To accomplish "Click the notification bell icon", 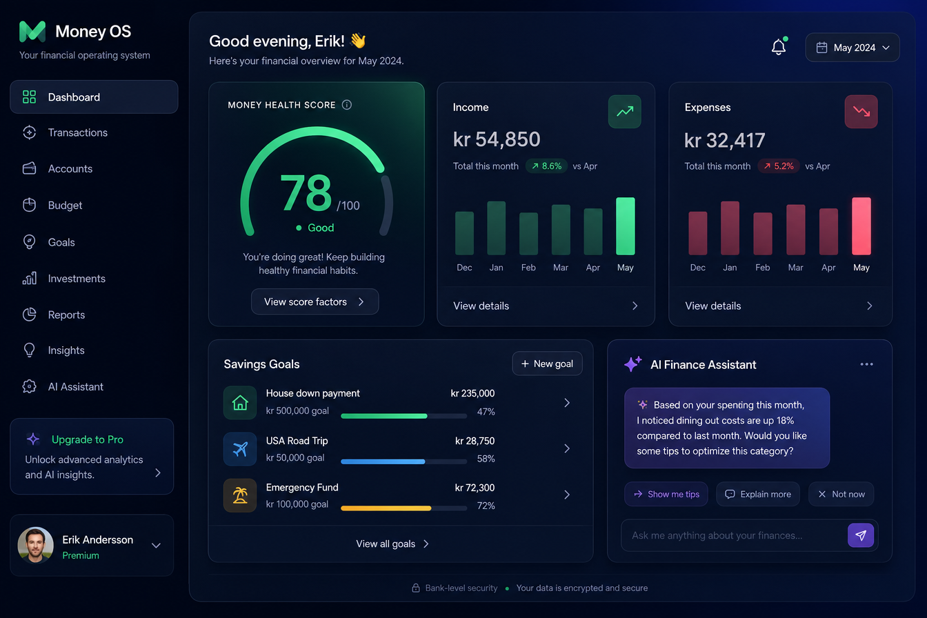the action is [x=779, y=47].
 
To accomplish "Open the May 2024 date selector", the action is [x=852, y=48].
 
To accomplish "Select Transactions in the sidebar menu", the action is [x=77, y=132].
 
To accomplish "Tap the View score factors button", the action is [x=315, y=301].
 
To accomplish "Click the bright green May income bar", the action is [x=626, y=226].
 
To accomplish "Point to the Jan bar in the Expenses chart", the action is [x=730, y=228].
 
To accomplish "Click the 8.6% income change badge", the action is [x=547, y=166].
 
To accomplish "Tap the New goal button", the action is [x=547, y=364].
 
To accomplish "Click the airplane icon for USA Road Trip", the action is [x=240, y=449].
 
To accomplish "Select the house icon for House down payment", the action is [x=240, y=403].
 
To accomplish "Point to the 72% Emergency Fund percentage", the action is [x=486, y=506].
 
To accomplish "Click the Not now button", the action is [x=841, y=495].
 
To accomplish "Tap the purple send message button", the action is [x=861, y=535].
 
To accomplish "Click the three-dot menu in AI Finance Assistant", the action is [x=866, y=364].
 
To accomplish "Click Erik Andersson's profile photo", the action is [x=36, y=545].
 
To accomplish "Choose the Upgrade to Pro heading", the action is [x=88, y=439].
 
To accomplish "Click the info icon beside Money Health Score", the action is [x=347, y=105].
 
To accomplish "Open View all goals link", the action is [x=392, y=544].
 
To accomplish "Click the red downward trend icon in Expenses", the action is [x=861, y=111].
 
